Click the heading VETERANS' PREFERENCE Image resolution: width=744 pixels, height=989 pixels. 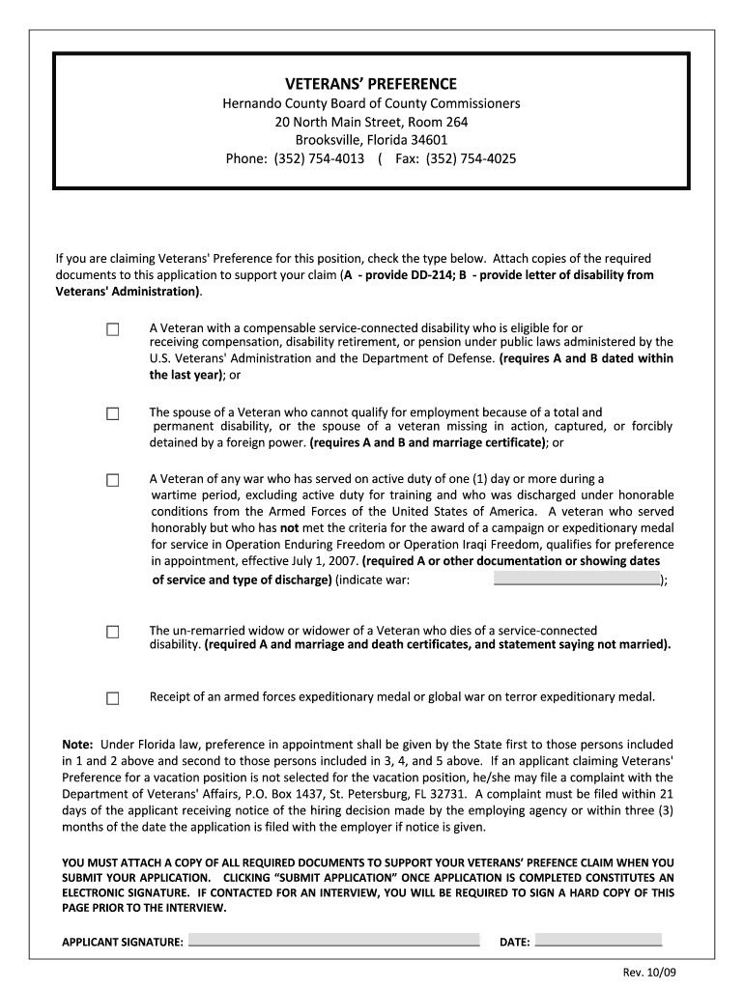[x=371, y=84]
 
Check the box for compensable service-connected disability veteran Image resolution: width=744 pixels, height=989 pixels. [x=113, y=330]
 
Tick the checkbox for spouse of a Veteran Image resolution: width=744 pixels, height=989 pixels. [x=113, y=414]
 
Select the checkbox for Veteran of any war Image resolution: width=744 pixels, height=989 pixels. [x=113, y=480]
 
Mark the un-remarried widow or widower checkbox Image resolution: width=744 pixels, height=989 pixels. [x=113, y=633]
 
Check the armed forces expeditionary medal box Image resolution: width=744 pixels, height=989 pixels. [x=113, y=698]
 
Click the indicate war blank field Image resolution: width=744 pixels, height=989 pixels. [x=576, y=579]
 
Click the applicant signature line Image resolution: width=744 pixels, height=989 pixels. [x=333, y=940]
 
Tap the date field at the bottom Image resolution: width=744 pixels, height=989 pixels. [x=598, y=940]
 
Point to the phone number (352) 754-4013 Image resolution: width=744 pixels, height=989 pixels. [x=319, y=158]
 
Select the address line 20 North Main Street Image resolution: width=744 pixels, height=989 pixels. [x=371, y=122]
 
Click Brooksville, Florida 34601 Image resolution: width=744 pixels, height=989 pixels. [x=371, y=140]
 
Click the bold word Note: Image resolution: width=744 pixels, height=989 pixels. [x=77, y=745]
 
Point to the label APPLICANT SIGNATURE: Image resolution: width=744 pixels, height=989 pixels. [x=123, y=942]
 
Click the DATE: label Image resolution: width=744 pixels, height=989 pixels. [x=514, y=942]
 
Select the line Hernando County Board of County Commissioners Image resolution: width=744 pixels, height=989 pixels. [x=371, y=103]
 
